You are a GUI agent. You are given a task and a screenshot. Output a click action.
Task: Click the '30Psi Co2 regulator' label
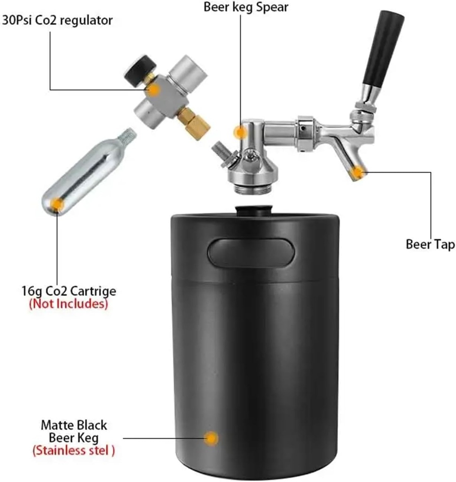coord(57,20)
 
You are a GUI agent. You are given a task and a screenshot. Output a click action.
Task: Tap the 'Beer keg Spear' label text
coord(246,8)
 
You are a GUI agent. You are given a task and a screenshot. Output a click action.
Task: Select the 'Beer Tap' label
coord(430,245)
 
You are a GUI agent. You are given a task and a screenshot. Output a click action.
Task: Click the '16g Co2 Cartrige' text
coord(69,290)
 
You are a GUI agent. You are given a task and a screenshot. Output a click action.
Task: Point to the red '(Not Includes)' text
coord(69,304)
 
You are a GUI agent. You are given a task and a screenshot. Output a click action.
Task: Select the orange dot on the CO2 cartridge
coord(57,204)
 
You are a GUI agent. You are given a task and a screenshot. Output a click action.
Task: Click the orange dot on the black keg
coord(212,438)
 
